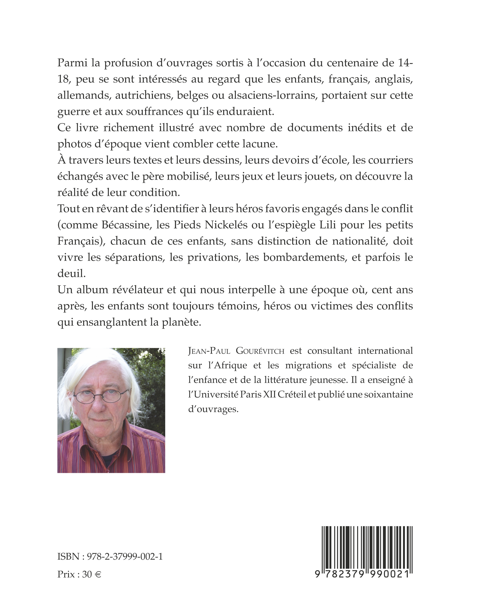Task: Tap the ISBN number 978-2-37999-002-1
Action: tap(125, 556)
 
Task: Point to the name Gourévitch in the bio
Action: tap(260, 351)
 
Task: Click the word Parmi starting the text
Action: tap(72, 63)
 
